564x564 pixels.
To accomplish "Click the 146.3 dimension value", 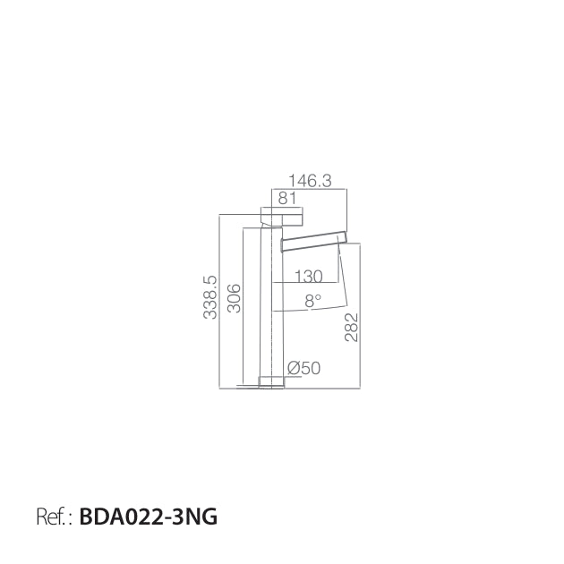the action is coord(310,180).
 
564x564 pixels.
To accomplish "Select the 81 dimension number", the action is coord(287,198).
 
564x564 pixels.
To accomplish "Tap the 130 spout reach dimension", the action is coord(309,277).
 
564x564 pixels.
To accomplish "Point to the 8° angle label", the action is coord(312,300).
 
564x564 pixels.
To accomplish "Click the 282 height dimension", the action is coord(352,327).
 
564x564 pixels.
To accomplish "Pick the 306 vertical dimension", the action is coord(235,298).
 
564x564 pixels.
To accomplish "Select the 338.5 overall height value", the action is coord(210,297).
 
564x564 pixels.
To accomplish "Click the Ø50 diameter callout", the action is coord(304,368).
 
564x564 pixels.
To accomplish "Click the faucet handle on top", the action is coord(282,217).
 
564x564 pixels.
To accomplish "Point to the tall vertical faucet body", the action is coord(271,303).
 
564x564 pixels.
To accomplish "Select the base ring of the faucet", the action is coord(271,382).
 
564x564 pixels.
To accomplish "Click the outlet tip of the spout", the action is coord(343,237).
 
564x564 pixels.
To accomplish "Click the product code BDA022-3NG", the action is coord(149,517).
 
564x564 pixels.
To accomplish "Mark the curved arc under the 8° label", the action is coord(310,309).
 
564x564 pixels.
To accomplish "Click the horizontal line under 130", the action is coord(305,283).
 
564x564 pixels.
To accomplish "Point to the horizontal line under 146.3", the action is coord(309,189).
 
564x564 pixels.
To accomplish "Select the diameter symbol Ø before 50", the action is coord(294,368).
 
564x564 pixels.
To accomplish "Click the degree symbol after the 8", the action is coord(318,297).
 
